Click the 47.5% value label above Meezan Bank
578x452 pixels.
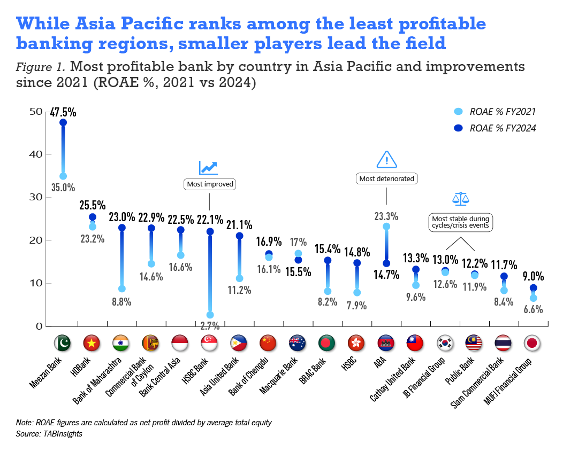[63, 112]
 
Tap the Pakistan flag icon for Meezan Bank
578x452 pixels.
[63, 342]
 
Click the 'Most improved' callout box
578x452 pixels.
[210, 184]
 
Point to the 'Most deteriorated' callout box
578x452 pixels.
[386, 178]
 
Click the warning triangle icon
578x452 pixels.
[386, 159]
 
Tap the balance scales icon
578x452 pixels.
[460, 199]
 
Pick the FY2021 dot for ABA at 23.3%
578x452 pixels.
[386, 227]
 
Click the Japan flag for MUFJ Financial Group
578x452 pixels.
[533, 342]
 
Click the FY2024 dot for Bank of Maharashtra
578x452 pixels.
[122, 228]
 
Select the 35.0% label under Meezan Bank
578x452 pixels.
[63, 188]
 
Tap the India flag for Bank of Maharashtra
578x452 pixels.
[122, 342]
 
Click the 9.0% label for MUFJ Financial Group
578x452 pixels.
[533, 277]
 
